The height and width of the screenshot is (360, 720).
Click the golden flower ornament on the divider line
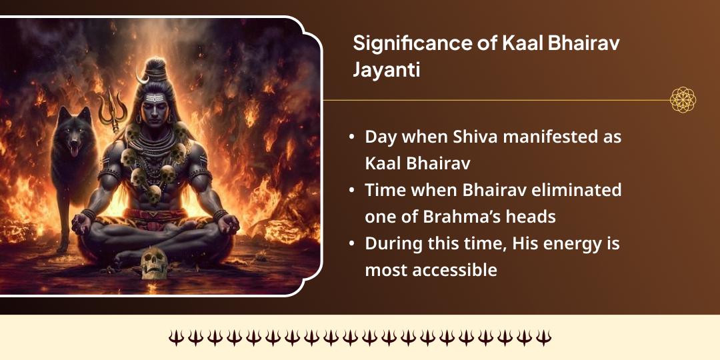(683, 100)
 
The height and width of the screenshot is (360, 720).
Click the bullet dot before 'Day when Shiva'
(351, 139)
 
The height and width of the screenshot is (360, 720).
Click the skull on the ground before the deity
(153, 262)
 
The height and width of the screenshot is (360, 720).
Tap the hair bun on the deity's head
(157, 67)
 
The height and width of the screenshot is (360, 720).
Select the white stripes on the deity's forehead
(155, 99)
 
